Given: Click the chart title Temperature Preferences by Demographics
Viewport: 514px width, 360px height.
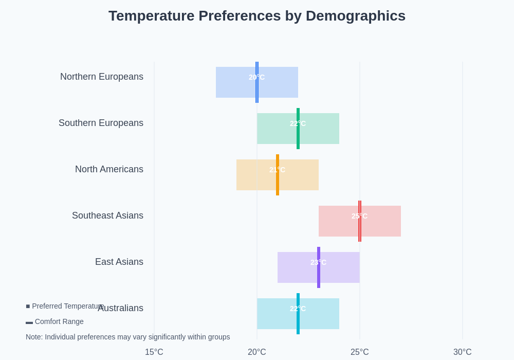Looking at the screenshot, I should (x=256, y=16).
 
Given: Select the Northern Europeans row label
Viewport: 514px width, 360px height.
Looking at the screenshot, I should (x=102, y=77).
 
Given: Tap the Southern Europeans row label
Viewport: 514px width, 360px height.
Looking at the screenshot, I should (x=101, y=123).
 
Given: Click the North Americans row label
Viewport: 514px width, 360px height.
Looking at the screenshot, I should (x=109, y=169).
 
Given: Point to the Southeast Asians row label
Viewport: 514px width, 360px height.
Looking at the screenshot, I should (x=107, y=215).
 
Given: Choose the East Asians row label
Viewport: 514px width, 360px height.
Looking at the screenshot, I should (x=119, y=262).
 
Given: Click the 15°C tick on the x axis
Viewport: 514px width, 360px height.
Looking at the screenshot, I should (x=154, y=352).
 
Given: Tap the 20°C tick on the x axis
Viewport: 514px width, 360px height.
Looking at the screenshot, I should (x=256, y=352).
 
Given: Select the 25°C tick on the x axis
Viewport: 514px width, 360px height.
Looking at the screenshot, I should (x=359, y=352).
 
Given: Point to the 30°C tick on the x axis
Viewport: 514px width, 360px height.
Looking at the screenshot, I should (x=462, y=352).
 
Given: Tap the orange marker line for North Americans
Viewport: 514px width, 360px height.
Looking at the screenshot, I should (x=278, y=185).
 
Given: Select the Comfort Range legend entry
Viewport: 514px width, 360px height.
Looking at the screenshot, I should (x=54, y=321).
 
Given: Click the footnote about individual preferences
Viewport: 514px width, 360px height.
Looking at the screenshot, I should (x=127, y=337).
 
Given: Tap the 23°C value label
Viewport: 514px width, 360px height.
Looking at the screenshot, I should (x=318, y=262).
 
